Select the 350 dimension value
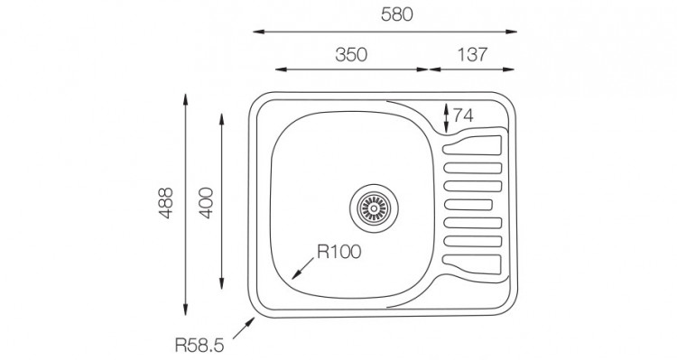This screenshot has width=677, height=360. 351,53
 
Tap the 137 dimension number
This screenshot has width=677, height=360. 472,53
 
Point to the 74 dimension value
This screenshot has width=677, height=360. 463,115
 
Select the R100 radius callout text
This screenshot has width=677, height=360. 338,252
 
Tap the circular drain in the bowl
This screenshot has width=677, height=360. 371,208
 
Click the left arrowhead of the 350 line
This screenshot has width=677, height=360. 277,69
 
